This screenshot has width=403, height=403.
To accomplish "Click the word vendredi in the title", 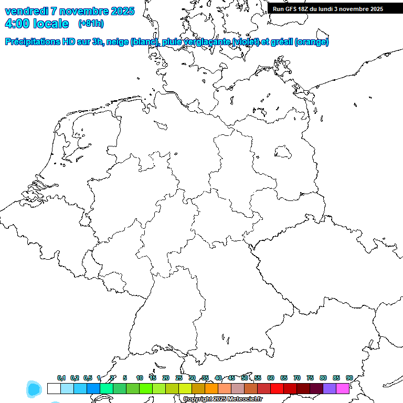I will (x=27, y=12).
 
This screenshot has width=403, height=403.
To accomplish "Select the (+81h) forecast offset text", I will (x=91, y=24).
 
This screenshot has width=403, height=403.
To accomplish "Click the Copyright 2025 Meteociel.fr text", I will (x=222, y=399).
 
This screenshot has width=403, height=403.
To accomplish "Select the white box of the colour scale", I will (x=54, y=389).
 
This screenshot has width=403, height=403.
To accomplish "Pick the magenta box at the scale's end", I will (x=343, y=389).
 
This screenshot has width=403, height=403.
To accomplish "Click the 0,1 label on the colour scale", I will (x=61, y=378).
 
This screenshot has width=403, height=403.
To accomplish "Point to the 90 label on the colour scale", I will (x=349, y=378).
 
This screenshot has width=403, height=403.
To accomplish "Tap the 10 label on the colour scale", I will (x=140, y=378).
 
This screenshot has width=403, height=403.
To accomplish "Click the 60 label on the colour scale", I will (x=271, y=378).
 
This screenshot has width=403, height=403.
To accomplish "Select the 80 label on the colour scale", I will (x=323, y=378).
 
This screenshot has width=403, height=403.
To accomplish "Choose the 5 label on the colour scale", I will (x=125, y=378).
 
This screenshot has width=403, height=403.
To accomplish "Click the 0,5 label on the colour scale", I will (x=88, y=378).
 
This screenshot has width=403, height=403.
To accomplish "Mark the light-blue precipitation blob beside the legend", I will (x=34, y=389).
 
